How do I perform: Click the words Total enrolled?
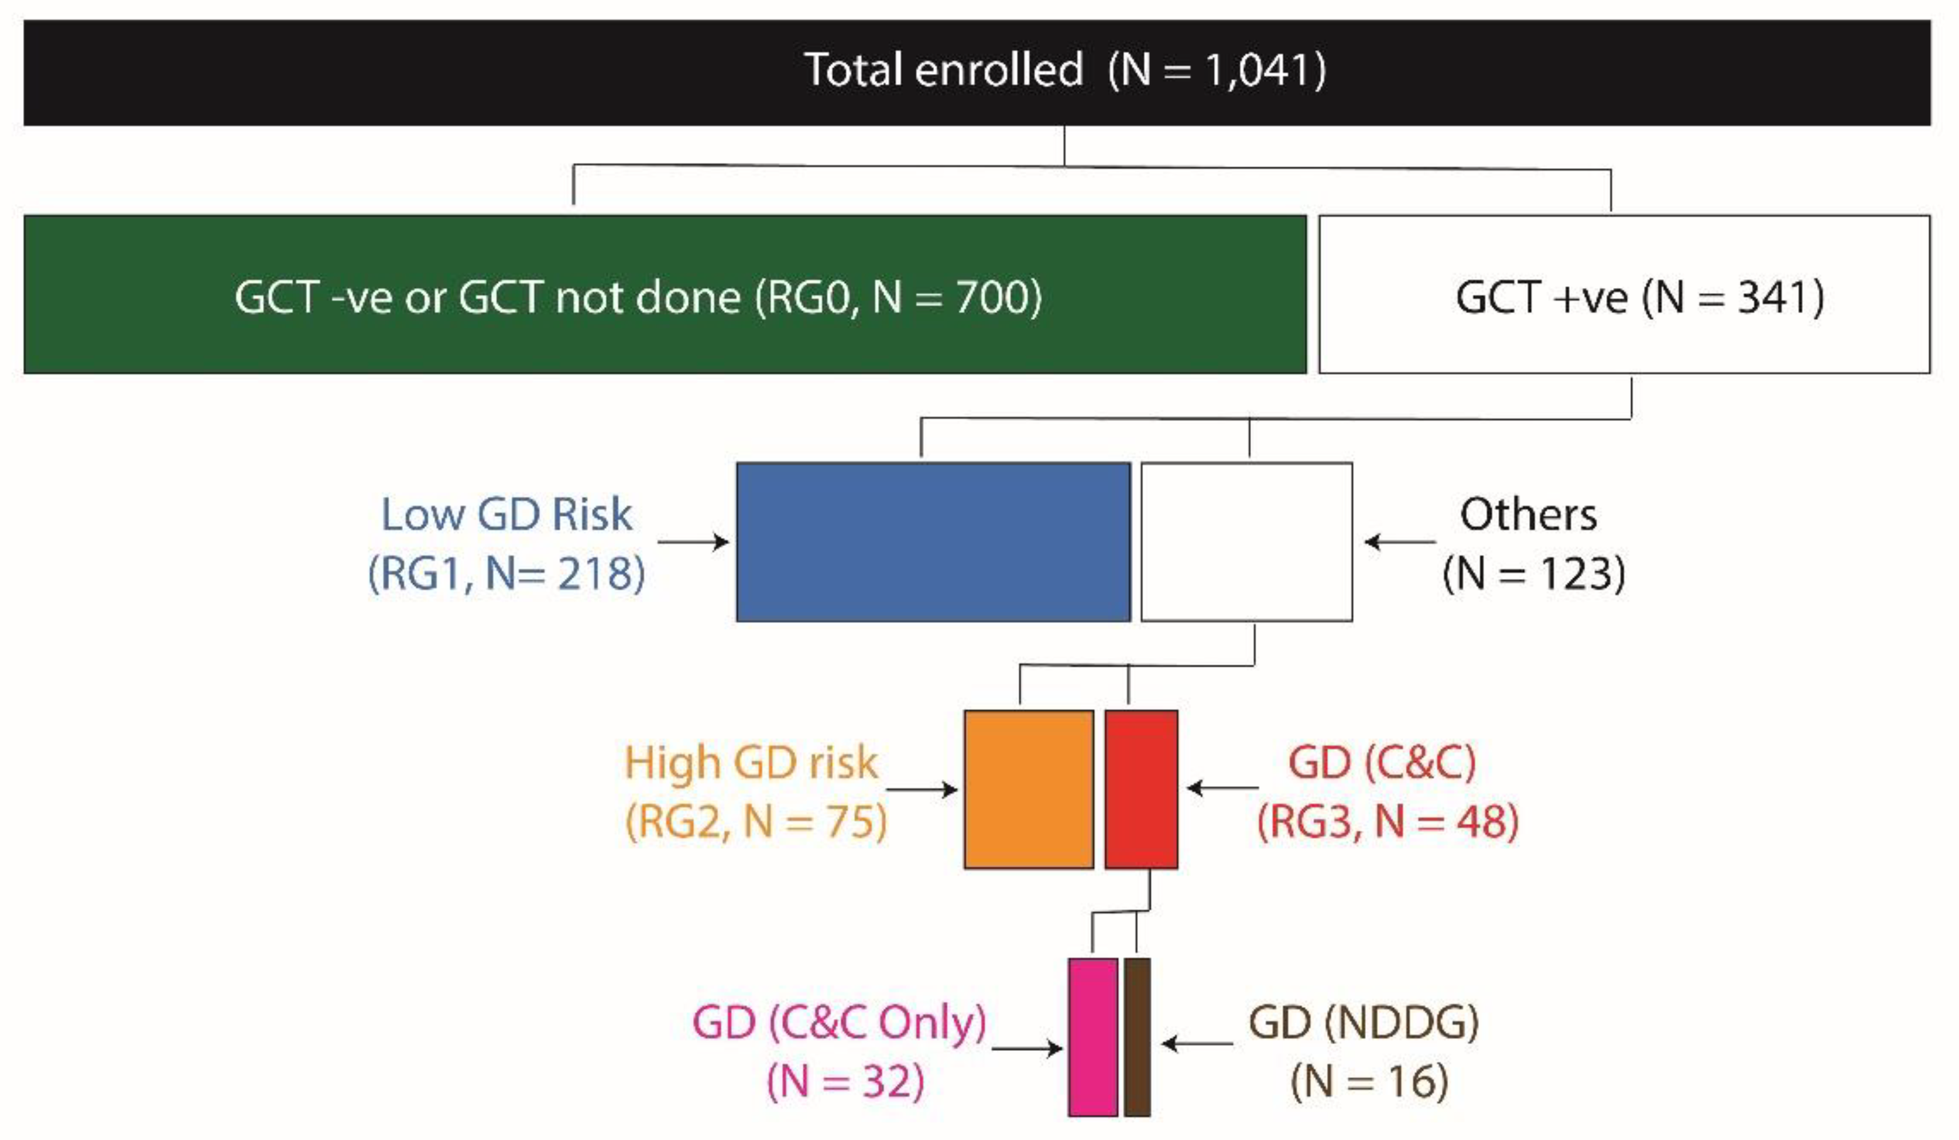(x=942, y=70)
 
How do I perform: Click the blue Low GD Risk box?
(x=933, y=541)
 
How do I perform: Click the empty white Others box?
(x=1246, y=541)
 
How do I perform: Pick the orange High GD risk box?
(x=1029, y=789)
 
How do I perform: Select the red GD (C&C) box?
(x=1141, y=789)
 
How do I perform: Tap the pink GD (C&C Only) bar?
(x=1092, y=1036)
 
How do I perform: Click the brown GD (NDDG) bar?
(x=1137, y=1036)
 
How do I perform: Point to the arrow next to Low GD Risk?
(x=692, y=541)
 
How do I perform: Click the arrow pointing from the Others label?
(x=1399, y=541)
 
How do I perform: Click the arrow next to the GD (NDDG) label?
(x=1197, y=1043)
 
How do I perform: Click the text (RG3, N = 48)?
(x=1388, y=822)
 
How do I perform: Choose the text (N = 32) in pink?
(x=845, y=1081)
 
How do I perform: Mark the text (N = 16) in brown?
(x=1369, y=1081)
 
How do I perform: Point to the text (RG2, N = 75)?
(x=756, y=822)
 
